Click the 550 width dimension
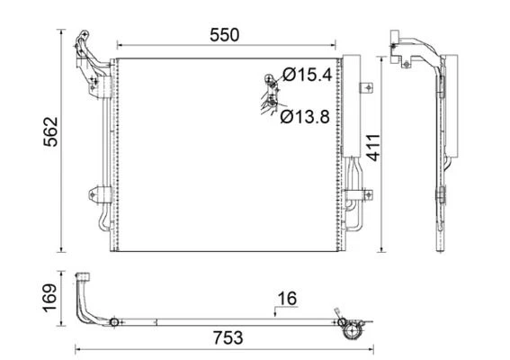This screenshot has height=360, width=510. [225, 35]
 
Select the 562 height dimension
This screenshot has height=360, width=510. [50, 131]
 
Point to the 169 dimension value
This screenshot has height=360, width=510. [50, 298]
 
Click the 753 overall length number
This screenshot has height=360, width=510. [228, 337]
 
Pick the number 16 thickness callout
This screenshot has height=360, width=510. [287, 299]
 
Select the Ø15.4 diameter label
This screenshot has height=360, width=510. [308, 75]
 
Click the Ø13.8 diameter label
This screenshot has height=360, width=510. [305, 116]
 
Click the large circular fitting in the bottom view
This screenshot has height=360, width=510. [353, 331]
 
